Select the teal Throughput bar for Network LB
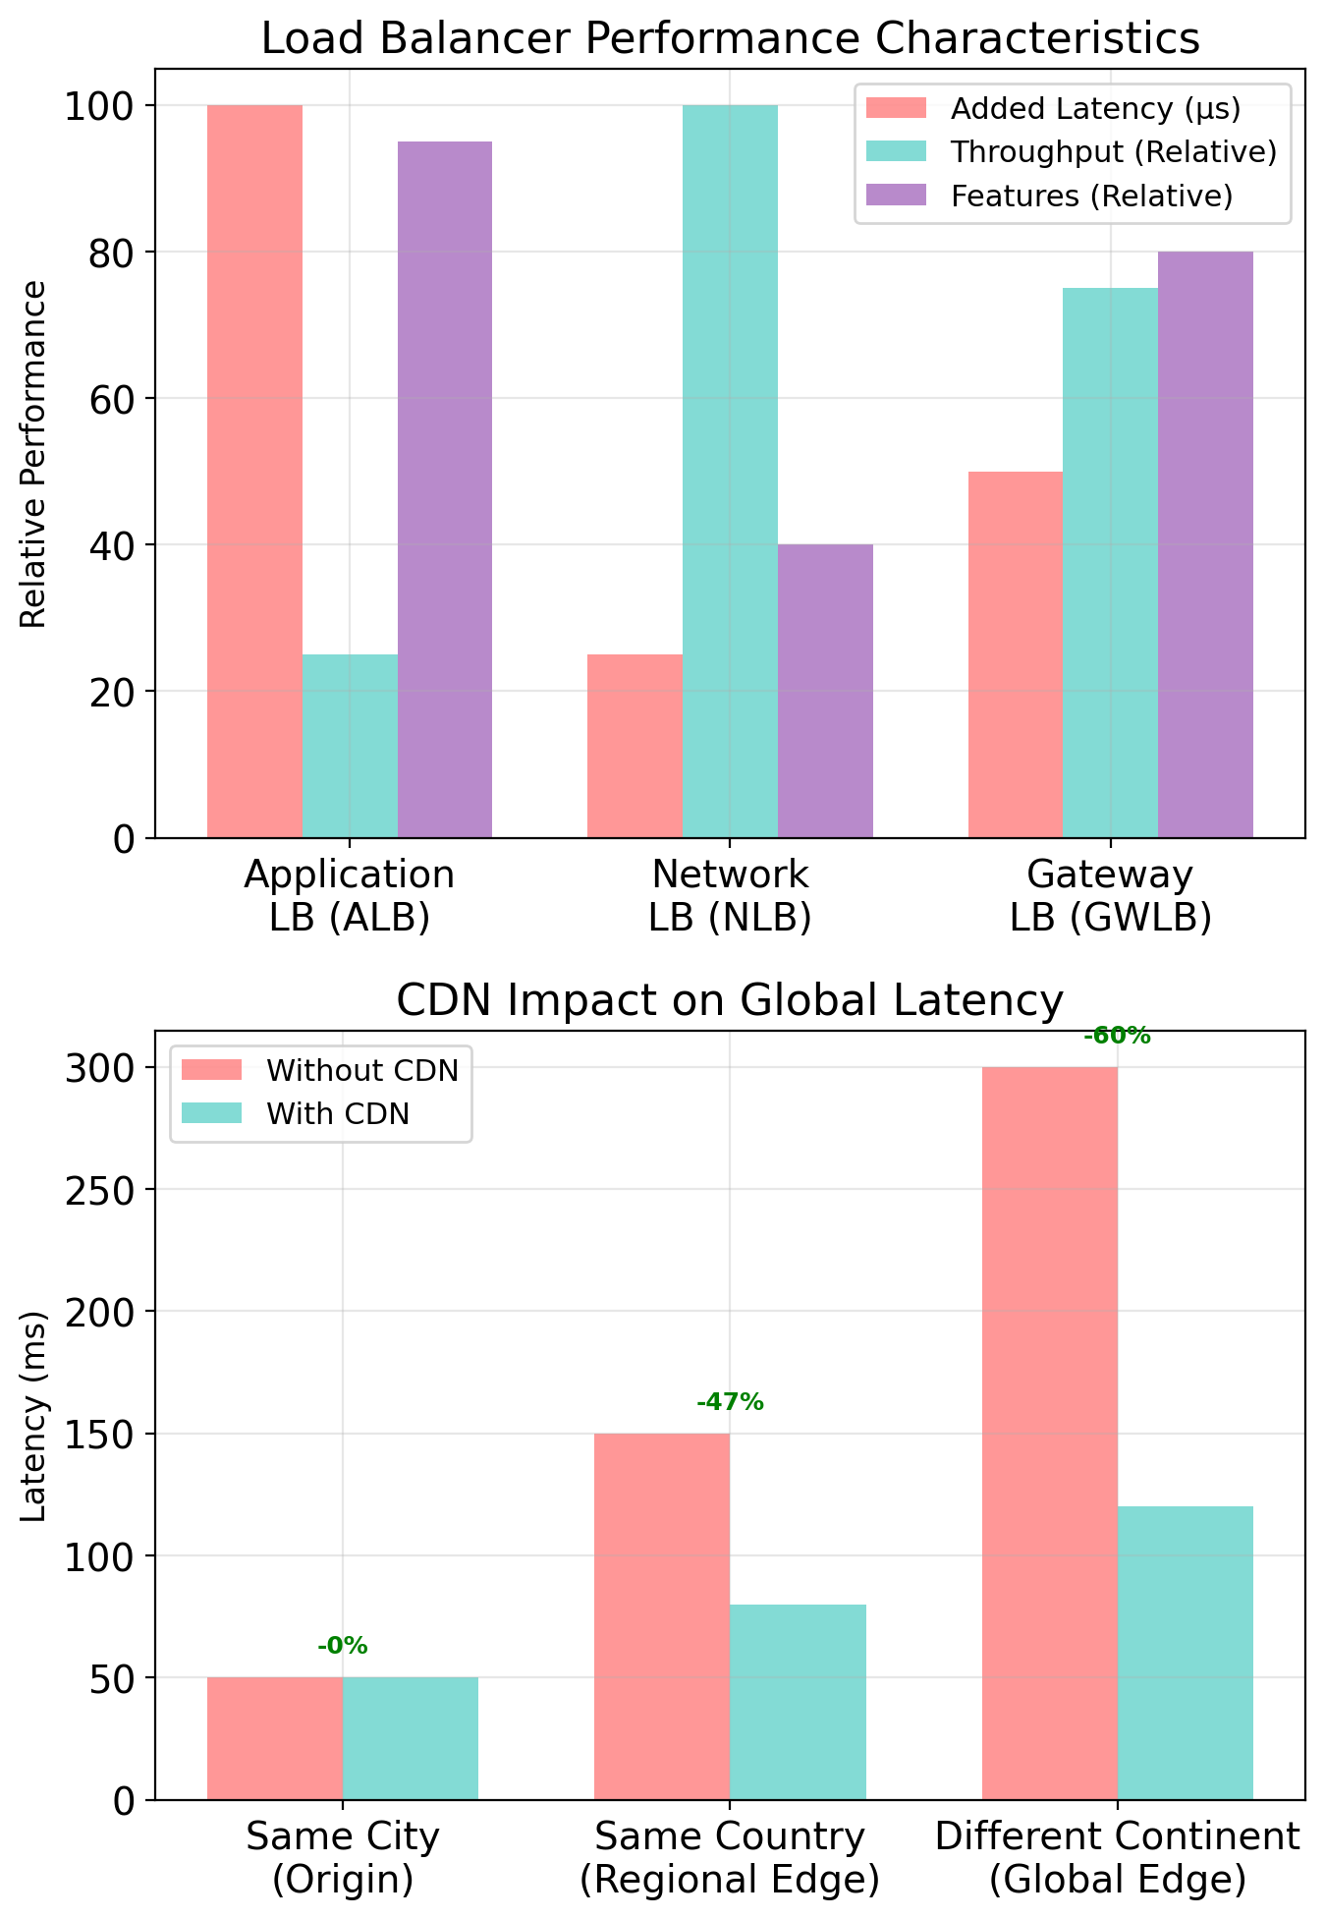pos(730,472)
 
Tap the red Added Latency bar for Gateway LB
pos(1015,654)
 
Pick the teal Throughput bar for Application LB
pos(350,746)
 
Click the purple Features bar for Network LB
pos(825,691)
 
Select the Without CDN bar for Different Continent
pos(1049,1434)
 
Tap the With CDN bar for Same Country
pos(798,1702)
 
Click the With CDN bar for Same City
pos(411,1738)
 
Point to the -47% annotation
pos(730,1402)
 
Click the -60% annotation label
pos(1117,1036)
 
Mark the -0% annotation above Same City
pos(342,1646)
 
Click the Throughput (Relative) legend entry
pos(1071,151)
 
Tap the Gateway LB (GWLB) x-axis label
pos(1110,895)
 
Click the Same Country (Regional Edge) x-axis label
pos(730,1857)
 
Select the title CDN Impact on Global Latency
pos(730,1001)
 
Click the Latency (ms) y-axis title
pos(34,1416)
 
